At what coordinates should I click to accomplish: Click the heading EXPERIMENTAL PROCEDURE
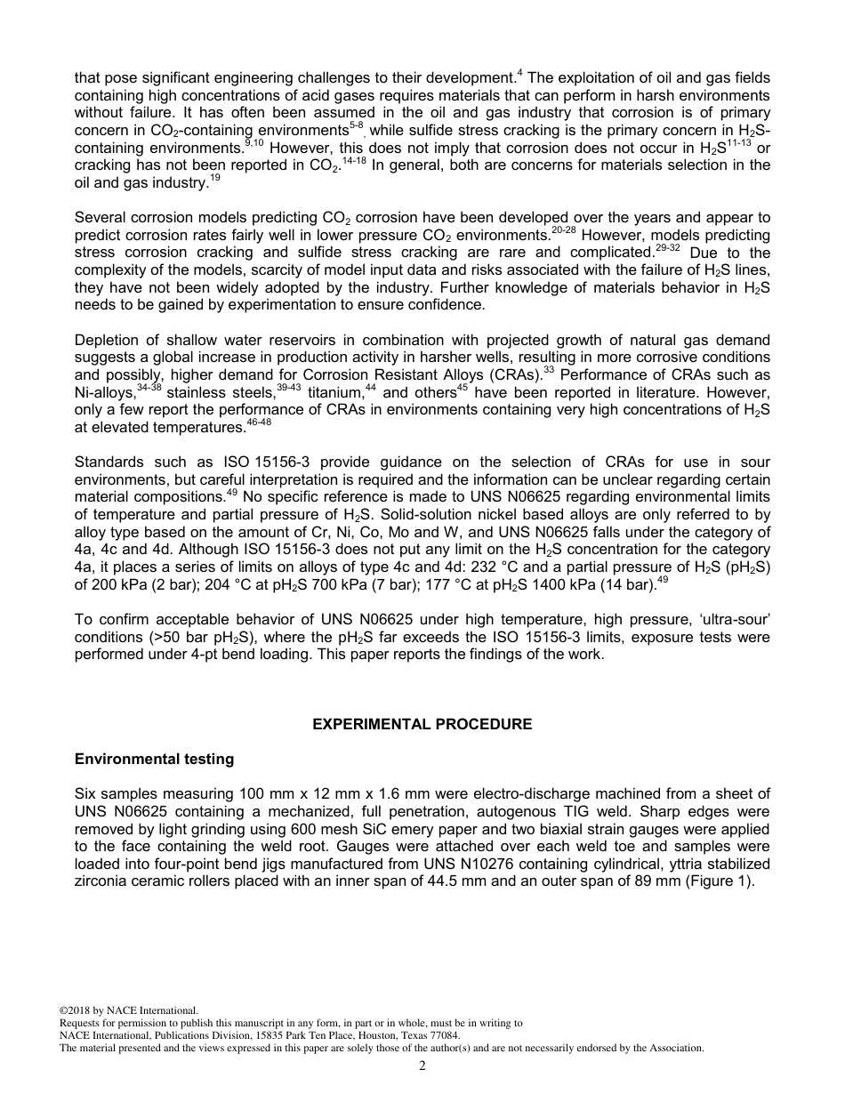point(422,724)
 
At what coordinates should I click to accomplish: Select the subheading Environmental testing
point(154,759)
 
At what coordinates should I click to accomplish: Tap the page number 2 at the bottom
point(422,1066)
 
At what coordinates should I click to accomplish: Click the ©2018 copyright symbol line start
point(63,1010)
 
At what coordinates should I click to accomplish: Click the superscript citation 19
point(215,178)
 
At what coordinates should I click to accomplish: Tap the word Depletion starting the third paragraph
point(109,341)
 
